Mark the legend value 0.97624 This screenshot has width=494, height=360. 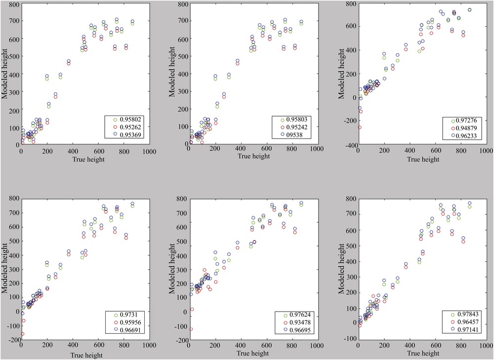(x=296, y=315)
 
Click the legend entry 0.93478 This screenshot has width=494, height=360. (x=296, y=321)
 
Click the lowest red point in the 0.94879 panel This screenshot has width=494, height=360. (x=360, y=127)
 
